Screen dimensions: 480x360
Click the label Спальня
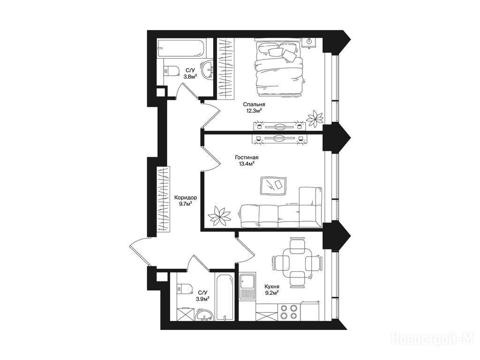click(253, 105)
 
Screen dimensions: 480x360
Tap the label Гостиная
click(247, 157)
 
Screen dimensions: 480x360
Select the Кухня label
click(272, 287)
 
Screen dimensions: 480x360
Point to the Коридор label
click(186, 197)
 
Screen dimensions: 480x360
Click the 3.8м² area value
click(190, 76)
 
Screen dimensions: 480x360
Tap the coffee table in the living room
click(273, 186)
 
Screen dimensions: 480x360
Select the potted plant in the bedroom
click(315, 118)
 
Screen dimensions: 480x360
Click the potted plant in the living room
click(219, 215)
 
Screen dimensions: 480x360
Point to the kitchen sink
click(247, 286)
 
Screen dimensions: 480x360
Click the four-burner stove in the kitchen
click(289, 312)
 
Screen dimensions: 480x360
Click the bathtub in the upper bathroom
click(182, 48)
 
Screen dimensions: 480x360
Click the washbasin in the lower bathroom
click(204, 315)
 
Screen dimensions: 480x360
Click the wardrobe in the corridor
click(163, 199)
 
